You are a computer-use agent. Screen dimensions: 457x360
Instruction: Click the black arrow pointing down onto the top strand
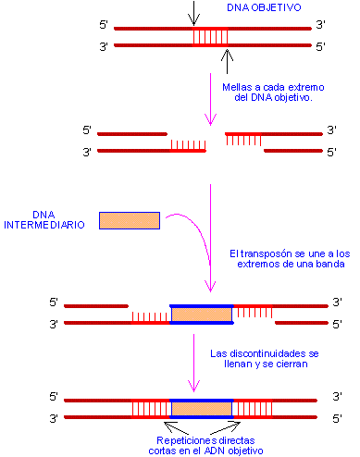coord(192,13)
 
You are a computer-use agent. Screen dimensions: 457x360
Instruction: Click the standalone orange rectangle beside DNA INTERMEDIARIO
coord(129,220)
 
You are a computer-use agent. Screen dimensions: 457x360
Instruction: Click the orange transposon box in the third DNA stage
coord(202,314)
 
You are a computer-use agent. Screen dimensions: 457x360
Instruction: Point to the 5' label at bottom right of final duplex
coord(337,418)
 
